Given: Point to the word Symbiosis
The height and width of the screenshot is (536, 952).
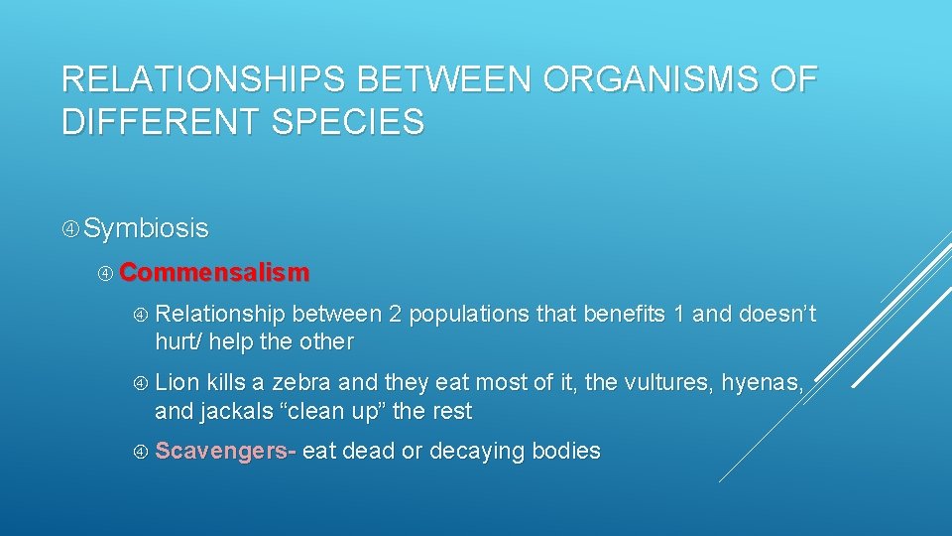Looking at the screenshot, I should click(146, 228).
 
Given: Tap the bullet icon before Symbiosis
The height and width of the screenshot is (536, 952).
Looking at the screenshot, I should click(70, 229).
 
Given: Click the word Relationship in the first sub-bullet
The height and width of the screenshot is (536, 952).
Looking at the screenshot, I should click(220, 315).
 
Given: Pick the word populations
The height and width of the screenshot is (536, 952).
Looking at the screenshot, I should click(469, 315).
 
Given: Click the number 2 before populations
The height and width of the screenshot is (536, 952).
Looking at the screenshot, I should click(395, 315).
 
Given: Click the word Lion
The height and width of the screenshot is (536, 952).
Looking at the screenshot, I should click(178, 382).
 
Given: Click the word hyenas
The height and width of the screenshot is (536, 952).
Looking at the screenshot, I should click(761, 382).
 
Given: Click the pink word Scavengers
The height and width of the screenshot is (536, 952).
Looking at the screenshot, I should click(225, 451).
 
